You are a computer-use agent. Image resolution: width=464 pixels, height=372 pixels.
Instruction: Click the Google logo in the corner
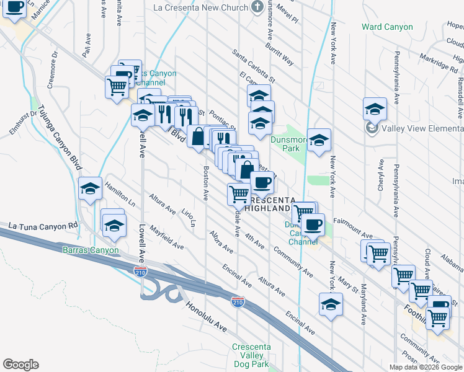(21, 365)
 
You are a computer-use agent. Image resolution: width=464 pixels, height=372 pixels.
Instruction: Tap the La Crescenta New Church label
(201, 7)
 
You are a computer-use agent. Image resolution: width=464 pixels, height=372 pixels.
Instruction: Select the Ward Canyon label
(387, 27)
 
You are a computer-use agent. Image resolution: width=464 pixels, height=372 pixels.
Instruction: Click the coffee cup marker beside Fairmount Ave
(313, 224)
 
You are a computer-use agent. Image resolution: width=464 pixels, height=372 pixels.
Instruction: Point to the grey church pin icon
(258, 7)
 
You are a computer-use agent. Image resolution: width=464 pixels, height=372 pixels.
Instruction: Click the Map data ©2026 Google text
(426, 367)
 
